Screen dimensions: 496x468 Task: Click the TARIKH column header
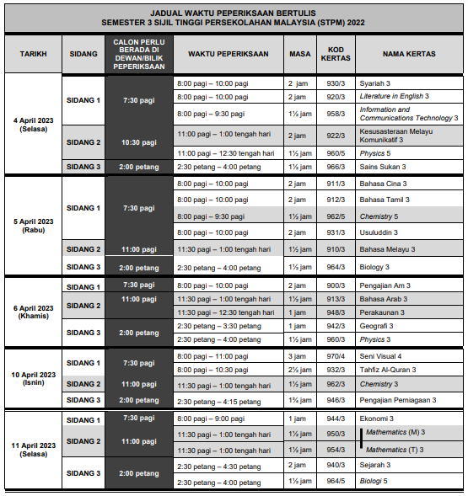tap(33, 54)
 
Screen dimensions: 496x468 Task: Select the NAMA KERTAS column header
tap(408, 54)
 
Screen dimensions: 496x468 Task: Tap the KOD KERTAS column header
tap(336, 54)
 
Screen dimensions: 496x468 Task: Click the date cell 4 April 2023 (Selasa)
tap(33, 125)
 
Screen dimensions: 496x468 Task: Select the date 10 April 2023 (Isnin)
tap(33, 379)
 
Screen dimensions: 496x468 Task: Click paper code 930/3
tap(336, 83)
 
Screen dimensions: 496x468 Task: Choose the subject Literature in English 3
tap(394, 97)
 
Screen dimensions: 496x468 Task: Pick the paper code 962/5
tap(336, 216)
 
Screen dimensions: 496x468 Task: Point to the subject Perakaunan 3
tap(383, 312)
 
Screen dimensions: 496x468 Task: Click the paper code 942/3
tap(336, 326)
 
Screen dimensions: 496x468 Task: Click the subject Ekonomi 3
tap(379, 419)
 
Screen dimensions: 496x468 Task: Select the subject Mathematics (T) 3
tap(395, 450)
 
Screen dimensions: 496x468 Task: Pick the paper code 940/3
tap(336, 465)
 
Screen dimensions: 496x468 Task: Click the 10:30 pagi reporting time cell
tap(138, 142)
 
